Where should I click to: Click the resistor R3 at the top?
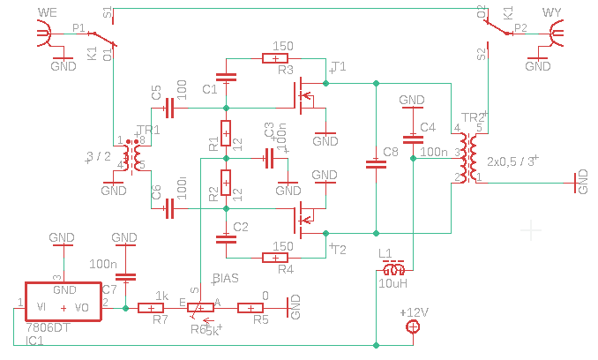[276, 58]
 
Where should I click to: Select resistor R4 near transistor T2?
[276, 258]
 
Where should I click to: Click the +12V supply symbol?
[412, 328]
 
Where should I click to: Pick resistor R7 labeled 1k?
[159, 308]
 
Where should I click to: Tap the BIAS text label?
[226, 278]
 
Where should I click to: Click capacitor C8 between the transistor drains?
[377, 162]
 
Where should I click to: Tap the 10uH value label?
[393, 283]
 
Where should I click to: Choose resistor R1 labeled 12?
[226, 133]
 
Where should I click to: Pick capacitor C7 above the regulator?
[126, 275]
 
